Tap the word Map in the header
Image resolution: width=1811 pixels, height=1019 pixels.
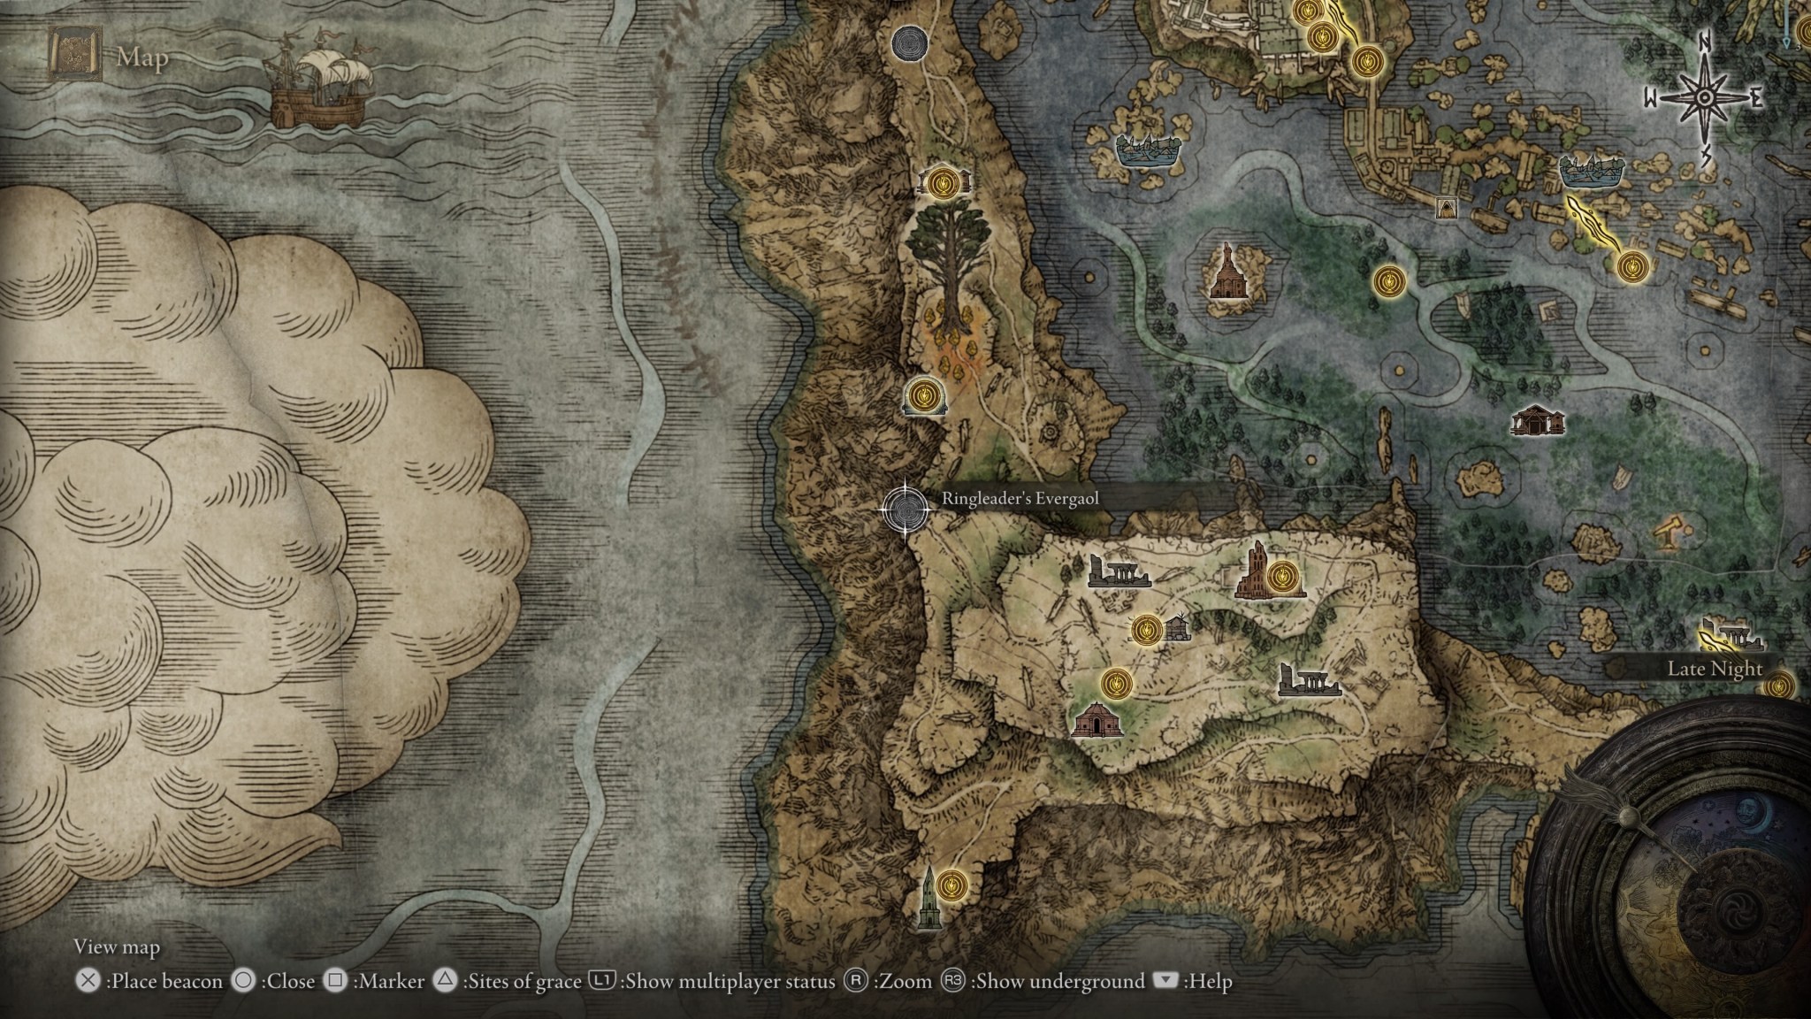coord(142,58)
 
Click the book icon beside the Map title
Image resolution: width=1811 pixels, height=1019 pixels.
coord(75,57)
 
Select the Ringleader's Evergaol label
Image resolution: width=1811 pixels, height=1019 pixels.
coord(1020,499)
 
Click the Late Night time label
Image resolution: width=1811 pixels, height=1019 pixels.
coord(1715,669)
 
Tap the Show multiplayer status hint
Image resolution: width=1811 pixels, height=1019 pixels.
coord(716,981)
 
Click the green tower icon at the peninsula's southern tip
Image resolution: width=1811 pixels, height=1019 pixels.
coord(927,897)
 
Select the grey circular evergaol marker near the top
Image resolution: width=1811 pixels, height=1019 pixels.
coord(909,42)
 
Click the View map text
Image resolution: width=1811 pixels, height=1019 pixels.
coord(117,947)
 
